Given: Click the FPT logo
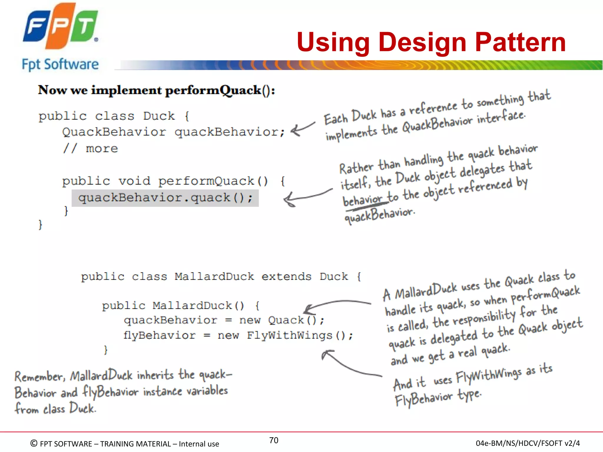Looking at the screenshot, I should [x=60, y=26].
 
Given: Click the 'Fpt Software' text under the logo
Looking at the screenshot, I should [x=60, y=64].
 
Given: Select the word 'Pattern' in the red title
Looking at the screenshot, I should [x=520, y=42].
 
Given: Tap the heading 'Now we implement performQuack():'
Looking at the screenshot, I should [x=156, y=90].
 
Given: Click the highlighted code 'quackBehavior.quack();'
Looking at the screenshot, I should [x=165, y=198].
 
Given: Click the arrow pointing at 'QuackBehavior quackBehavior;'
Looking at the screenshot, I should [x=302, y=129].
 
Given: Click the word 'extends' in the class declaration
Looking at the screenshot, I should [x=286, y=277].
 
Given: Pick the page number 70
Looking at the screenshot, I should [x=274, y=440].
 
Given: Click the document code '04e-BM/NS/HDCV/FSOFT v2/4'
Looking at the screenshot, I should [x=528, y=443].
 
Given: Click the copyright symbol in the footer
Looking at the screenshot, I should [x=34, y=443].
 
